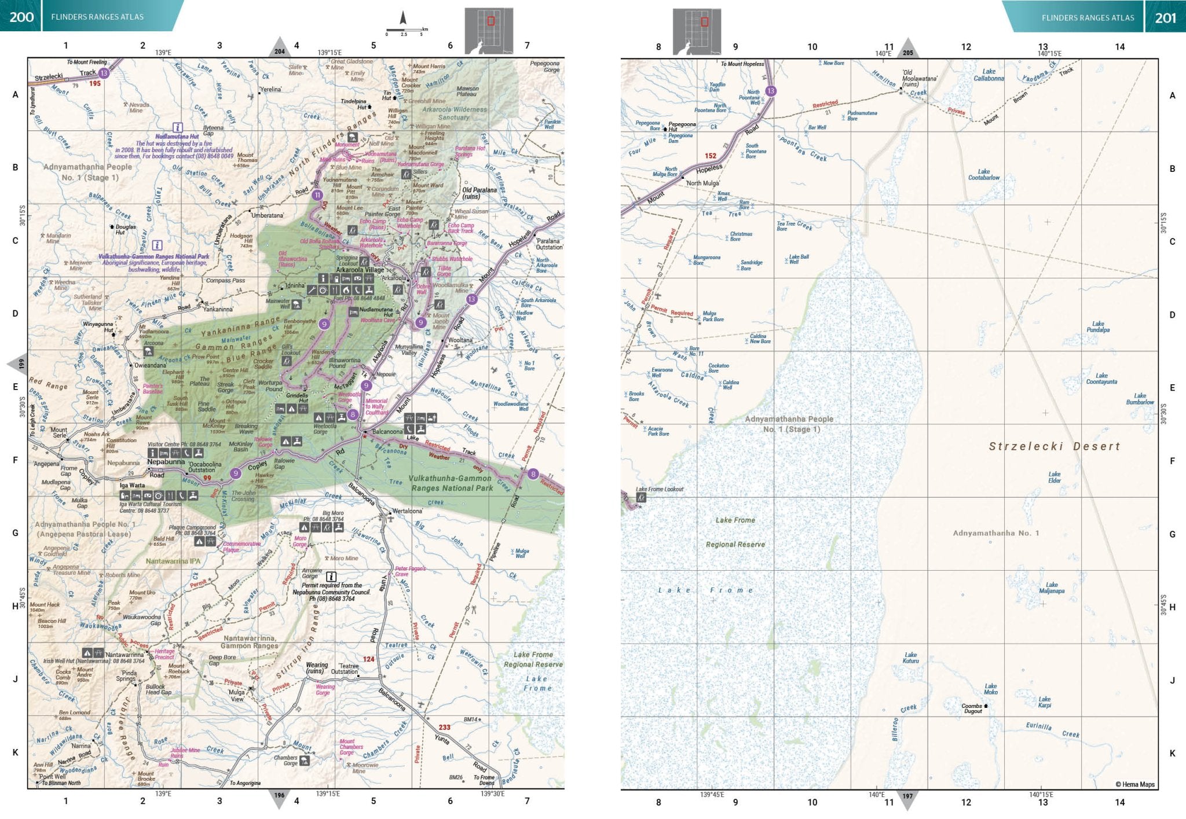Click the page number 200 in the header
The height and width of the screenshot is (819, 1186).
pos(21,17)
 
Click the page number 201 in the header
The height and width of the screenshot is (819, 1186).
pos(1165,17)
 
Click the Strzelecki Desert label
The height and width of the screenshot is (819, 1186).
pos(1054,446)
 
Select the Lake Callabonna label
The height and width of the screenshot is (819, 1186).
pos(989,75)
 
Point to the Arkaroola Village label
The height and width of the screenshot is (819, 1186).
pos(360,270)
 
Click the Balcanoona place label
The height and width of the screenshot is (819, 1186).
pos(387,432)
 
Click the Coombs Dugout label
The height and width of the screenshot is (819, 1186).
pos(972,708)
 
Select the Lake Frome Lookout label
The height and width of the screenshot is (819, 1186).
pos(660,489)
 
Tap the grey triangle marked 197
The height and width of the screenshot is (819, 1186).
pos(907,797)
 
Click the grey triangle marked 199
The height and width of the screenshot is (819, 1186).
pos(19,364)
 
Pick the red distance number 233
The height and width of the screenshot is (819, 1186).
pos(444,728)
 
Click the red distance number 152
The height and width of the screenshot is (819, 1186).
pos(710,156)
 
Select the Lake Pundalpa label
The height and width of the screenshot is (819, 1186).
pos(1098,327)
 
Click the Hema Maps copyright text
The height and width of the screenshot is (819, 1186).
pos(1134,784)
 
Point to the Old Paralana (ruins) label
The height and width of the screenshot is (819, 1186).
pos(479,193)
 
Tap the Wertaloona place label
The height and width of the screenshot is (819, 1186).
pos(407,511)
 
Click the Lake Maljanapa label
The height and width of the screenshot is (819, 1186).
pos(1052,587)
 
